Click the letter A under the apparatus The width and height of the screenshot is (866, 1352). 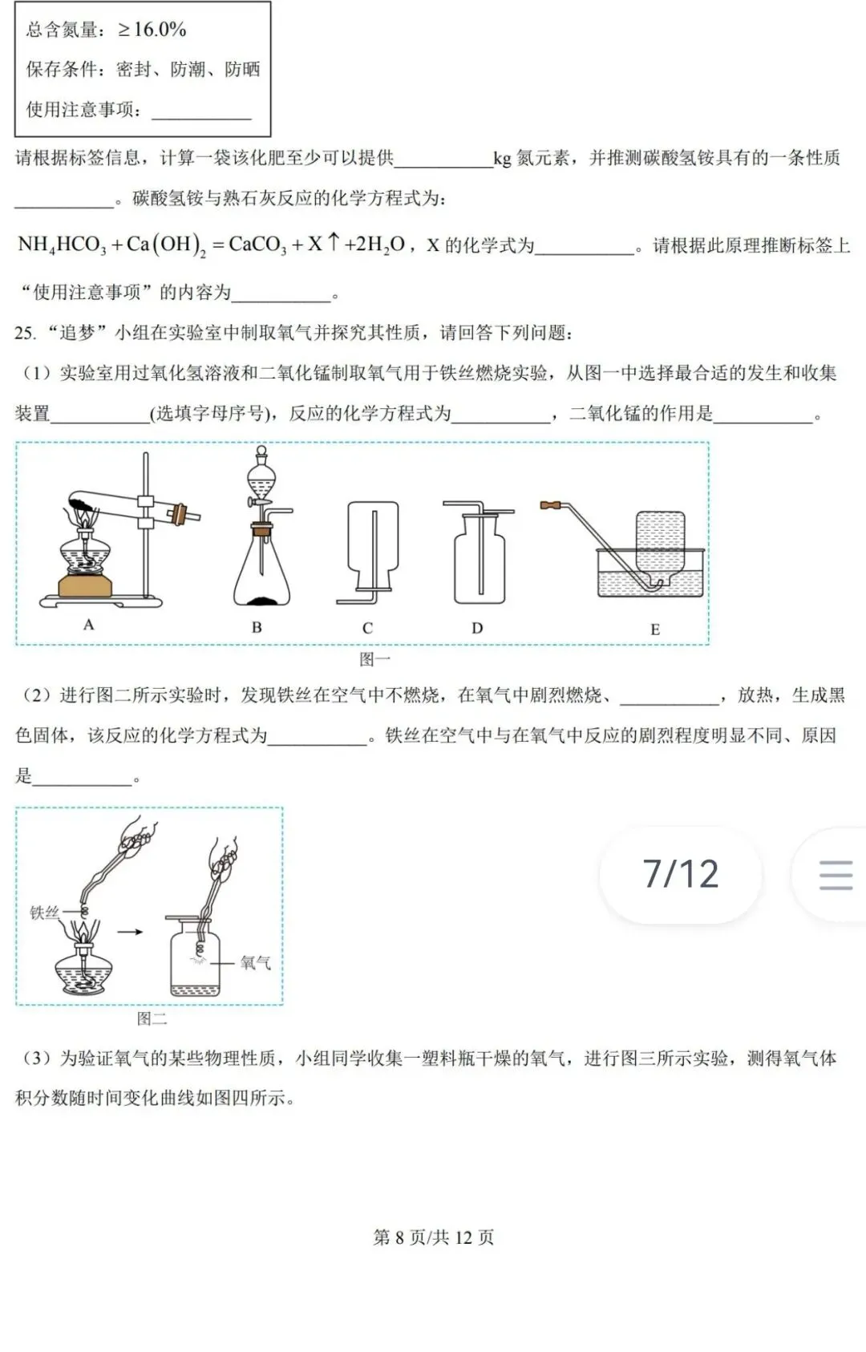click(x=89, y=625)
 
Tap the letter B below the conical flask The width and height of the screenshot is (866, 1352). click(x=257, y=627)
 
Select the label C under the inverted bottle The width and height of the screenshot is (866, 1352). click(x=367, y=628)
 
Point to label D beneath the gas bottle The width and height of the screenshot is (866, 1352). click(x=477, y=628)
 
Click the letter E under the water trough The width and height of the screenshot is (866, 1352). click(x=655, y=629)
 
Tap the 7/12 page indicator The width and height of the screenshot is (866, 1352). click(x=681, y=874)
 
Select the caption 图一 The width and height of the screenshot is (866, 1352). click(x=374, y=659)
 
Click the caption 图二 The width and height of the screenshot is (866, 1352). click(x=152, y=1018)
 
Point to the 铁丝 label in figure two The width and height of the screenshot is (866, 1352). click(x=44, y=913)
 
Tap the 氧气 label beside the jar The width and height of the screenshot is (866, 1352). click(x=256, y=962)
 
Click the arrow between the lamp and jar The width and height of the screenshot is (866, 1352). click(x=130, y=932)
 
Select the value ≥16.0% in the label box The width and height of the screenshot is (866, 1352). click(x=152, y=30)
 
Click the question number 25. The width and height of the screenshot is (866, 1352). click(x=24, y=333)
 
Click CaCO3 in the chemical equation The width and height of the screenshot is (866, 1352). click(x=257, y=245)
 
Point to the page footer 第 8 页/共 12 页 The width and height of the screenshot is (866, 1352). click(x=433, y=1237)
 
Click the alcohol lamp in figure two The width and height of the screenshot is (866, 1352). click(x=83, y=966)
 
